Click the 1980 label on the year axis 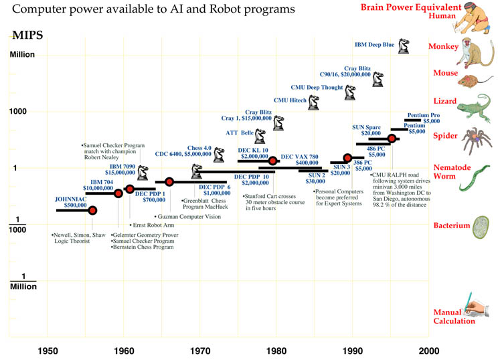click(x=276, y=350)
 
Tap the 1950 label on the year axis click(x=48, y=350)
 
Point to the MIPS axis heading click(x=26, y=35)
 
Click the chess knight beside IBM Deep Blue click(x=404, y=46)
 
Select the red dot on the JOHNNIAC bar click(x=92, y=210)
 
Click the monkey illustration click(x=477, y=48)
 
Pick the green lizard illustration click(x=477, y=104)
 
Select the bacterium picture click(x=481, y=227)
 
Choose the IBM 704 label click(x=102, y=181)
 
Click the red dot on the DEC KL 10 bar click(x=272, y=161)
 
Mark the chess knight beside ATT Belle click(x=260, y=134)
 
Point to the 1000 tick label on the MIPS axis click(x=22, y=111)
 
